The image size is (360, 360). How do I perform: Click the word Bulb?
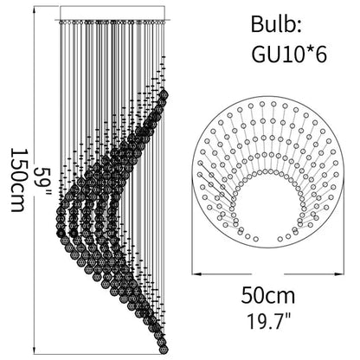(276, 24)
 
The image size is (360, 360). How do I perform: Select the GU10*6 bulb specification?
(289, 54)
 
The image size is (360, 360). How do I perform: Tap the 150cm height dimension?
(16, 180)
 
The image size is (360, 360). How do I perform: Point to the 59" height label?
(42, 181)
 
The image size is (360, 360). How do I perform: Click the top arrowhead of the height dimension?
(35, 10)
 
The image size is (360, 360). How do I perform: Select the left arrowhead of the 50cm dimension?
(196, 273)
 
